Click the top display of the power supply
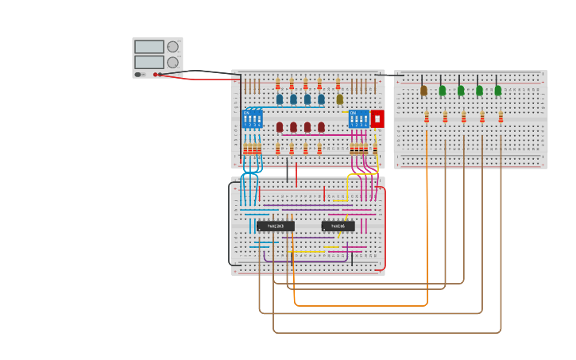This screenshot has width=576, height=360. [149, 47]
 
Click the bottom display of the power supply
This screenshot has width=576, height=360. [149, 62]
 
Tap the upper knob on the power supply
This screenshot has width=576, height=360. [172, 47]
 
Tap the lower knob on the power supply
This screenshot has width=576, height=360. [172, 62]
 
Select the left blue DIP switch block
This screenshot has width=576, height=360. [252, 119]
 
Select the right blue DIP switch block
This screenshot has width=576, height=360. [359, 119]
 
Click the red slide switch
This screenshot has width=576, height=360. [377, 119]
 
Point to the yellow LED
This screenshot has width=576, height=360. [339, 99]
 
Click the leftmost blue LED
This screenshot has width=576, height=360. [280, 99]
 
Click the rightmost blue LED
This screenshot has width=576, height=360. [321, 99]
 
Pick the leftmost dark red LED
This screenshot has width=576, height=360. [280, 127]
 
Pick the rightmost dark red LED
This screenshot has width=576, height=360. [321, 127]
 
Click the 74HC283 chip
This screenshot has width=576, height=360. [276, 226]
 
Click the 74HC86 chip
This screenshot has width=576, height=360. [338, 226]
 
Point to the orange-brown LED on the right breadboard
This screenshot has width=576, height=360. [423, 91]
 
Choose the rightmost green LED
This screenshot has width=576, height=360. [498, 91]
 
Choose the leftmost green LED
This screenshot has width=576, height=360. [443, 91]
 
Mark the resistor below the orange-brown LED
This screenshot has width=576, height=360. [427, 117]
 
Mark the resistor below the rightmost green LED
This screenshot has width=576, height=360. [501, 117]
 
